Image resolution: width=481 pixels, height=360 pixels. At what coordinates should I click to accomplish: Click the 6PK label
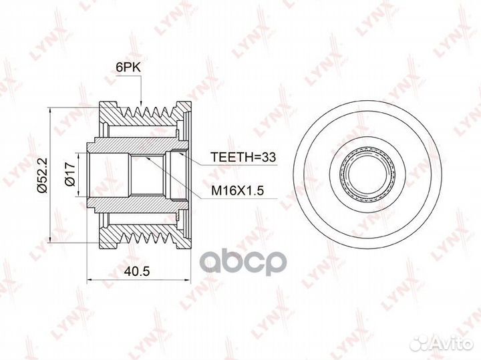click(128, 67)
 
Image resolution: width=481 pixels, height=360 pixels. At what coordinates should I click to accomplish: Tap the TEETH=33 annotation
click(243, 157)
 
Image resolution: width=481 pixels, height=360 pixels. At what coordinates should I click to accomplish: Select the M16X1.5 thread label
click(237, 191)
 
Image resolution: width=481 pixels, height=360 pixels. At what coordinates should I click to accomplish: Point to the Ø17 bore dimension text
click(70, 174)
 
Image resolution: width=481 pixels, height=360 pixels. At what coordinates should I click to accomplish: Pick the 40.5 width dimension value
click(137, 271)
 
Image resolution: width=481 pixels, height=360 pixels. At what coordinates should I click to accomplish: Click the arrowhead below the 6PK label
click(141, 103)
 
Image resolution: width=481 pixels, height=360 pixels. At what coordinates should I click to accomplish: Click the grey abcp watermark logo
click(243, 262)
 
